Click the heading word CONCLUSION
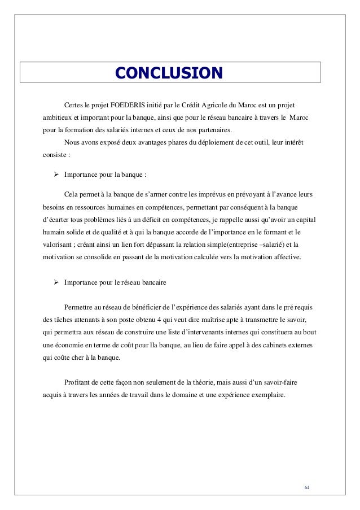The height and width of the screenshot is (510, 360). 169,73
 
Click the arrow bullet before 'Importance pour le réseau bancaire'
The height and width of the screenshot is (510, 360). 56,281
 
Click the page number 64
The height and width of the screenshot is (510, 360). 307,487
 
